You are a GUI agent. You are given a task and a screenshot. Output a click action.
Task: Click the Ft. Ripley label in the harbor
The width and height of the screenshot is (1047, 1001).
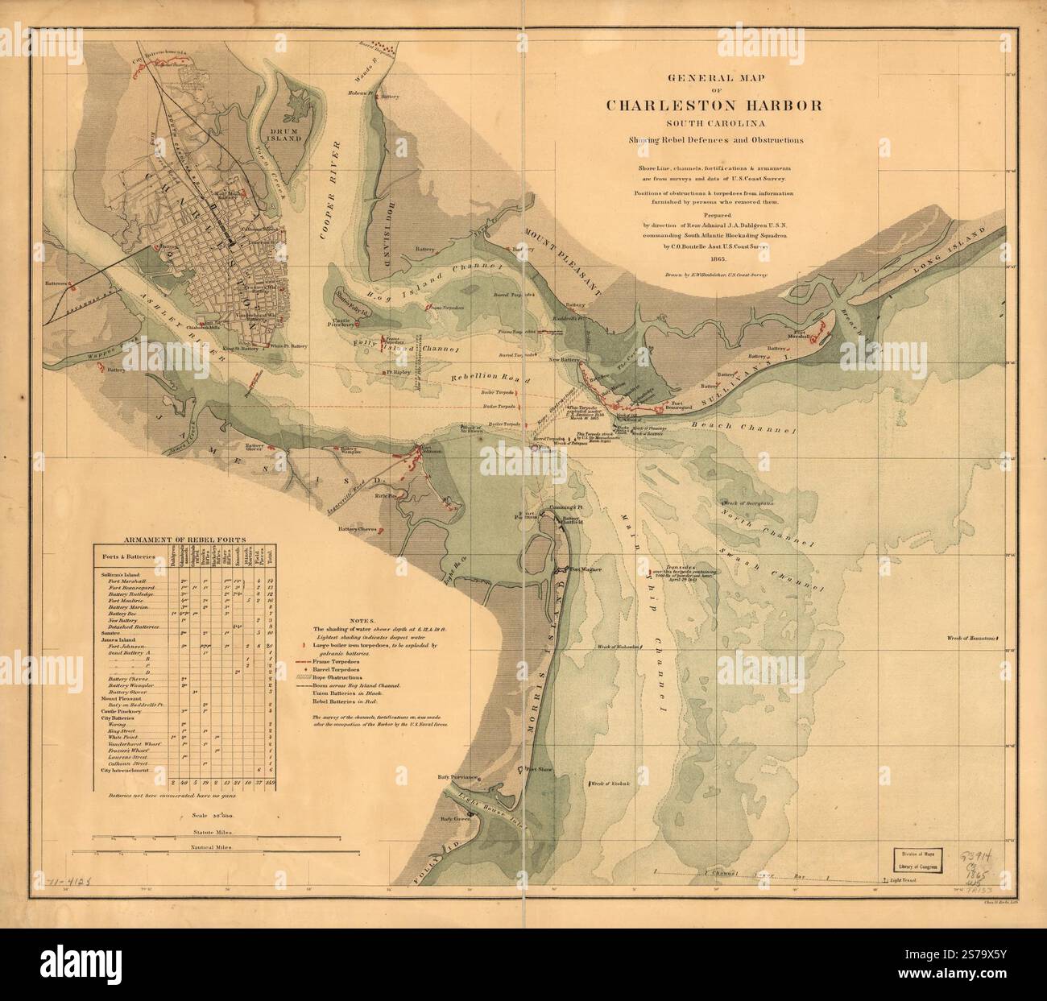[398, 372]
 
